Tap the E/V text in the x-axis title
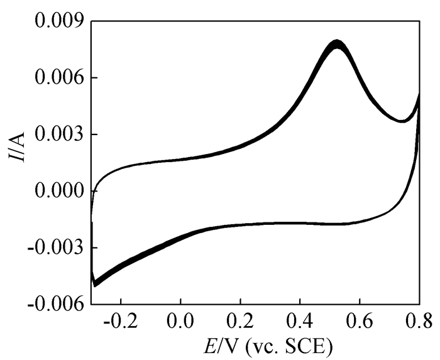coord(217,345)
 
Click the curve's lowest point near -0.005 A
coord(95,285)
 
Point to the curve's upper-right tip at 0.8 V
coord(419,94)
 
